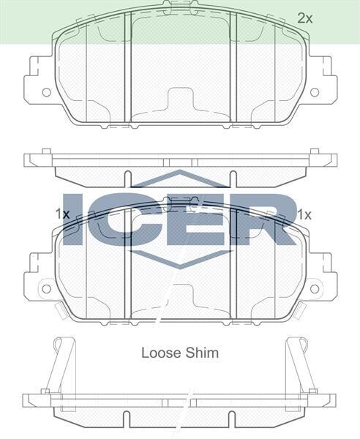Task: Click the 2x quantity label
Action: coord(305,18)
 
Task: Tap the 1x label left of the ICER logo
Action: coord(62,214)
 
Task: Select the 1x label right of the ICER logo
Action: coord(304,214)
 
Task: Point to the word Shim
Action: coord(201,353)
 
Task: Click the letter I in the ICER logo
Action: coord(76,218)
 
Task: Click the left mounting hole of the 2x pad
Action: coord(47,92)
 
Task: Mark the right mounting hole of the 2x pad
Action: coord(315,92)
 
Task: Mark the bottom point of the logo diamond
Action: coord(180,266)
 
